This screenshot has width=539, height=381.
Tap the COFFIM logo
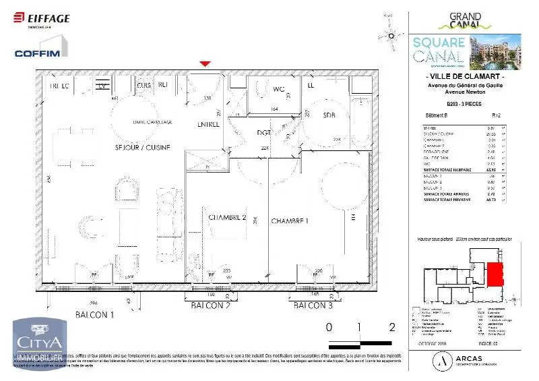[37, 53]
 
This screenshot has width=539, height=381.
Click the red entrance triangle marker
[205, 64]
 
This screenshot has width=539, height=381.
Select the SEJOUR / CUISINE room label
[141, 147]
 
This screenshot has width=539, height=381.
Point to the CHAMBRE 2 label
[227, 218]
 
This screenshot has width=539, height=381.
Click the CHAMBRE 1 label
[290, 221]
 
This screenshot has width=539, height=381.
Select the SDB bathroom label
[328, 115]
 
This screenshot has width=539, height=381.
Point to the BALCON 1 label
[95, 314]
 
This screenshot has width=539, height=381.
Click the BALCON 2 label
[211, 306]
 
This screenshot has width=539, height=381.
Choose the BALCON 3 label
[313, 306]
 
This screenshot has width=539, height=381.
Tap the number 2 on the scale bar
[391, 328]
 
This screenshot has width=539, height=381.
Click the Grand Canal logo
[466, 20]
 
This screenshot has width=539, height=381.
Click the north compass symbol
[389, 34]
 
